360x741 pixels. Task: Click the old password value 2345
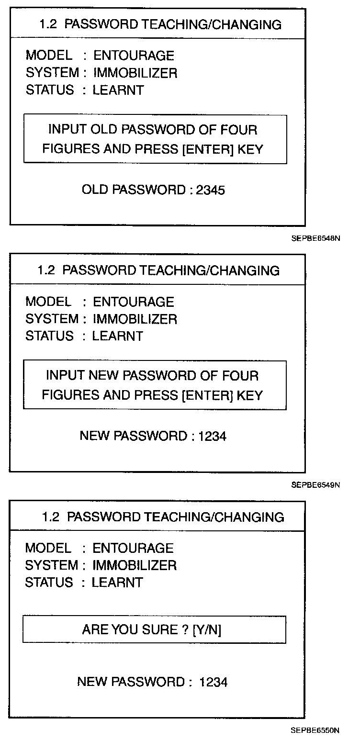211,190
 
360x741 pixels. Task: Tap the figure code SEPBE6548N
315,238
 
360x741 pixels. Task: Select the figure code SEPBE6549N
315,484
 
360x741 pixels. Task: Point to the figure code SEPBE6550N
315,730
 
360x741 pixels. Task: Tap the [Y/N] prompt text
207,630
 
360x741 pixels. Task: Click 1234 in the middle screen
212,436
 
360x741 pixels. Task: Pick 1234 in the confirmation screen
214,682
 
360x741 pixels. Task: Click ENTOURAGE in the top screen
134,56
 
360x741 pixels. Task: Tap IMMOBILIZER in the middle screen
135,319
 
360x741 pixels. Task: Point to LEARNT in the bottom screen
117,583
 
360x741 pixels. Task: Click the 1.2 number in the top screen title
47,24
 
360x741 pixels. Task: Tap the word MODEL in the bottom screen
48,548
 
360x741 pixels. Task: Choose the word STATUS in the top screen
50,90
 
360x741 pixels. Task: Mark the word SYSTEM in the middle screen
52,319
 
